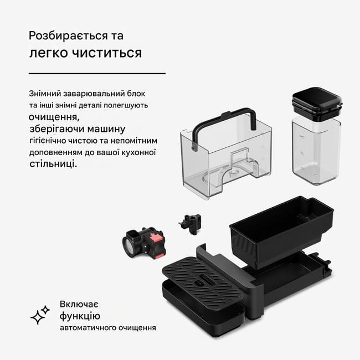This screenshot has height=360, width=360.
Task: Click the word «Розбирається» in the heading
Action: pyautogui.click(x=68, y=36)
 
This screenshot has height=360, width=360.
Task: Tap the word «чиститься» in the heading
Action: pyautogui.click(x=107, y=53)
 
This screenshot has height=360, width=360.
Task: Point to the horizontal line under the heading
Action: pyautogui.click(x=97, y=74)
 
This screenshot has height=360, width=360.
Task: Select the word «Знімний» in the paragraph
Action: pyautogui.click(x=45, y=94)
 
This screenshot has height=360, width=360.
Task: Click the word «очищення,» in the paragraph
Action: pyautogui.click(x=54, y=117)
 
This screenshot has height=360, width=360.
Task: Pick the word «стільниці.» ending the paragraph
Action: pyautogui.click(x=53, y=164)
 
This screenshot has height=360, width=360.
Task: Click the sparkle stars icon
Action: pyautogui.click(x=40, y=315)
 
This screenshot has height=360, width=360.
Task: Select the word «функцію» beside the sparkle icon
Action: pyautogui.click(x=80, y=316)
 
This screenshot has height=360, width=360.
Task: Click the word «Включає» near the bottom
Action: pyautogui.click(x=79, y=304)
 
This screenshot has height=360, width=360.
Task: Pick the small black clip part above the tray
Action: pyautogui.click(x=191, y=224)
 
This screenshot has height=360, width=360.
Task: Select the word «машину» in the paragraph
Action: pyautogui.click(x=106, y=129)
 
